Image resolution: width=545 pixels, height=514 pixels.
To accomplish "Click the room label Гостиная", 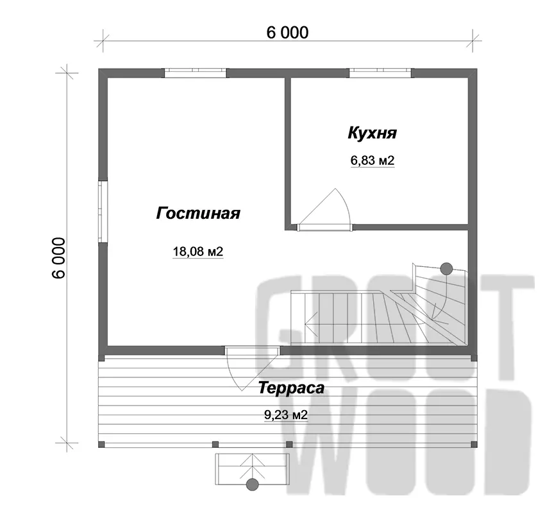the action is pos(198,213).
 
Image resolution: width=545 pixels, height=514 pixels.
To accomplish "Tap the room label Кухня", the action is pos(373,133).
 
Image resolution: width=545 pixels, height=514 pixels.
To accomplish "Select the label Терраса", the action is pos(291,388).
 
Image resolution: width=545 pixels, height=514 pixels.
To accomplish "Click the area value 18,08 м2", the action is pos(197,252).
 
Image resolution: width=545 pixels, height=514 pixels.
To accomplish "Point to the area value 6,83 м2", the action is pos(373,160).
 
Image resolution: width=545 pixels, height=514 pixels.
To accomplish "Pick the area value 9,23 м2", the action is pos(286,415).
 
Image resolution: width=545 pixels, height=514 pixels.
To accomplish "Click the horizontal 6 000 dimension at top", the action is pos(287,33).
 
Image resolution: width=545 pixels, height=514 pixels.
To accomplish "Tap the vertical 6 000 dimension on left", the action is pos(59,258).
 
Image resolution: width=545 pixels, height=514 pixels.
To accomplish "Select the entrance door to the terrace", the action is pos(252,368).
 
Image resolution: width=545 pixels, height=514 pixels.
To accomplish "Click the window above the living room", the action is pos(196,73).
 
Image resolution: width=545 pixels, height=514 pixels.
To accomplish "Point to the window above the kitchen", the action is pos(380,73).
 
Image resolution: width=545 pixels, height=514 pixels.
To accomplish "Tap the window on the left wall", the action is pos(103,211).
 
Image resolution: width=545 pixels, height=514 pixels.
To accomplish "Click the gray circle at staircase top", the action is pos(446,269).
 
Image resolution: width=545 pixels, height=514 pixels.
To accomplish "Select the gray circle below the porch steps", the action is pos(252,484).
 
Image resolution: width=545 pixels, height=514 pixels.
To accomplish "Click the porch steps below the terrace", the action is pos(252,469).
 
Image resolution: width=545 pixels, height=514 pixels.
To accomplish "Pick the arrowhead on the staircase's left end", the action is pos(311,324).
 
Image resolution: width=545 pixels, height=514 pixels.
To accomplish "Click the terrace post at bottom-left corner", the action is pos(101,444).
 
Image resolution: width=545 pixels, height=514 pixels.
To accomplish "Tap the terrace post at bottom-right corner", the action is pos(474,444).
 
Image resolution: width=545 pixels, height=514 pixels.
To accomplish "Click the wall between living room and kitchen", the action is pos(288,153).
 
